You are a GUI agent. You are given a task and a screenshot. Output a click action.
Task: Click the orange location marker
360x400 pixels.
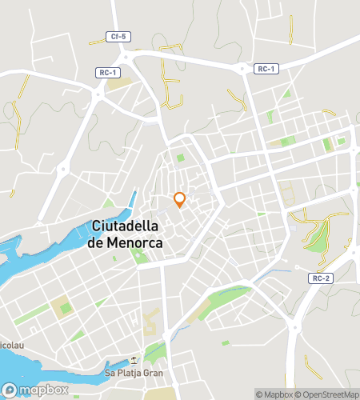click(x=180, y=199)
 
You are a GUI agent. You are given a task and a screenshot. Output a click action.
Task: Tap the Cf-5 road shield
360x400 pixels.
click(x=117, y=37)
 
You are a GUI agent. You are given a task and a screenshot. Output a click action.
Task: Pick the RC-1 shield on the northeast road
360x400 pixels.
click(x=266, y=69)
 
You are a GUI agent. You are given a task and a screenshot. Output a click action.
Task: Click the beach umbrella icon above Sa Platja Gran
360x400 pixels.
click(x=134, y=359)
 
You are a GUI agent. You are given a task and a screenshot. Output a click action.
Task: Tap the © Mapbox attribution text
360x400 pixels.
click(x=273, y=394)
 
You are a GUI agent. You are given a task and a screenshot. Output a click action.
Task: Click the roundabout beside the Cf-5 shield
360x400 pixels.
click(x=126, y=55)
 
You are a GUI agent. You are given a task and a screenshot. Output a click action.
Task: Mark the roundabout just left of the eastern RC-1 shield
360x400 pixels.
click(x=242, y=70)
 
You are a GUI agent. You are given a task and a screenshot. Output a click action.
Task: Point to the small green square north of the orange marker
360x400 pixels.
click(x=181, y=158)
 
